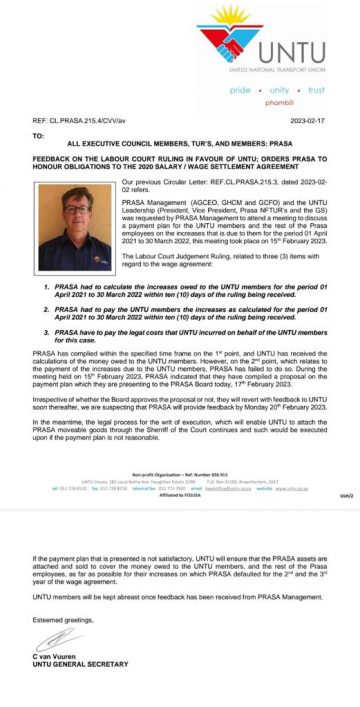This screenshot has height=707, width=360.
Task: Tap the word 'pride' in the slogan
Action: [x=242, y=90]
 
